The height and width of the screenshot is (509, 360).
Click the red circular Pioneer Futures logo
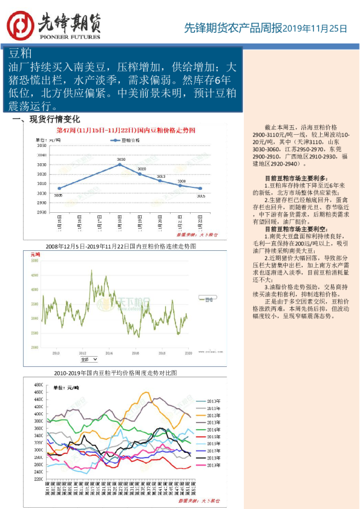click(20, 26)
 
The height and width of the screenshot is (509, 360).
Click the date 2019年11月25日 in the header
click(316, 28)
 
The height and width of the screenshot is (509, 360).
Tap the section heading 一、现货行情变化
click(50, 119)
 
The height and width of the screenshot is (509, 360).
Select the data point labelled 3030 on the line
click(120, 164)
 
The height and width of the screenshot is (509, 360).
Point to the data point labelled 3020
click(140, 174)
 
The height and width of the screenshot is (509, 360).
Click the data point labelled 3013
click(160, 181)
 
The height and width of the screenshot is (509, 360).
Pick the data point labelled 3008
click(180, 186)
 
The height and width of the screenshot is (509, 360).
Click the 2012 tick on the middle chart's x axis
click(82, 352)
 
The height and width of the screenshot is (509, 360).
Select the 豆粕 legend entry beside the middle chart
click(209, 299)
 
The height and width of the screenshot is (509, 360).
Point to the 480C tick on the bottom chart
click(38, 384)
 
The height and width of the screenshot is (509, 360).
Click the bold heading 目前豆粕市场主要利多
click(296, 178)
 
